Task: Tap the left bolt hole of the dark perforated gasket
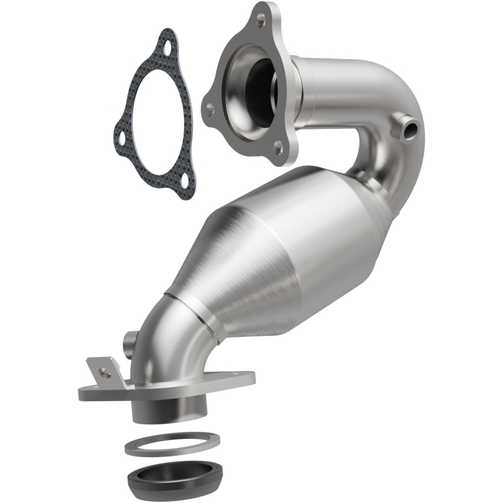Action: (x=120, y=131)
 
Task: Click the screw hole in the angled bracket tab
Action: (x=105, y=372)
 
